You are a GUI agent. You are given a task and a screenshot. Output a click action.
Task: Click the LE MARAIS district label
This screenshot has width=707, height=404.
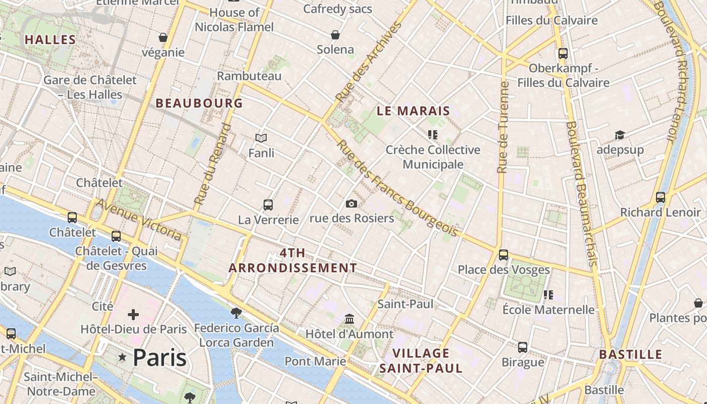click(x=413, y=111)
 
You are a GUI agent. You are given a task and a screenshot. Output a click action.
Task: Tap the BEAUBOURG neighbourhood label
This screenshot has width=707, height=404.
click(x=199, y=104)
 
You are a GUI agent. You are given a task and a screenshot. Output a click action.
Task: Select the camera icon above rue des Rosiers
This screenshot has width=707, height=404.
click(x=351, y=204)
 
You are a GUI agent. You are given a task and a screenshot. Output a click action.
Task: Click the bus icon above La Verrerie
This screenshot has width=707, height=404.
click(x=268, y=205)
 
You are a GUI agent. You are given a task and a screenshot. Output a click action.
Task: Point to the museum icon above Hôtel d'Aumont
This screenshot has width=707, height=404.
click(x=349, y=319)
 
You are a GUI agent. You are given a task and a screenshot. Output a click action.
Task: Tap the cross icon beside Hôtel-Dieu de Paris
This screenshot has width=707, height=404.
click(x=133, y=315)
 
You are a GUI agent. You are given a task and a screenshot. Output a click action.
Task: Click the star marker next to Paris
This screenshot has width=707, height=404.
click(x=122, y=358)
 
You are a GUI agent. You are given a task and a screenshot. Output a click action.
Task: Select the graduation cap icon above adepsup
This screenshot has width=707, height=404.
click(x=620, y=135)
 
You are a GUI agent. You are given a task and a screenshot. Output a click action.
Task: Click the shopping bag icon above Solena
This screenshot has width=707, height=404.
click(x=335, y=35)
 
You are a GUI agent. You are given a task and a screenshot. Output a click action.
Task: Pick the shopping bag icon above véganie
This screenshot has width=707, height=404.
click(x=163, y=37)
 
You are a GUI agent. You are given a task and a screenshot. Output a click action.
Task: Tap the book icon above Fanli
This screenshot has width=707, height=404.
click(x=261, y=138)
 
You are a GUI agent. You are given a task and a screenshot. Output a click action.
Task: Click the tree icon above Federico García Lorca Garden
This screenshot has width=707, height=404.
click(x=236, y=313)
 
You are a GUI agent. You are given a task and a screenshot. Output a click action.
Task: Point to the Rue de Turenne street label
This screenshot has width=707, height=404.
click(x=502, y=127)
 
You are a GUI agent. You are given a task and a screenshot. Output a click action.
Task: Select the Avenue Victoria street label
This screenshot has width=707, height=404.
click(x=138, y=219)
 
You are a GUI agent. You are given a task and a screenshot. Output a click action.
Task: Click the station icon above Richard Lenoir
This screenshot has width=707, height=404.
click(x=660, y=197)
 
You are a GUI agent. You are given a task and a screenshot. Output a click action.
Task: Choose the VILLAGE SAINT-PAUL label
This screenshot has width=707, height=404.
click(x=421, y=361)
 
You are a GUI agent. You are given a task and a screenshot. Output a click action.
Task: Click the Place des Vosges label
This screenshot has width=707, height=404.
click(x=503, y=270)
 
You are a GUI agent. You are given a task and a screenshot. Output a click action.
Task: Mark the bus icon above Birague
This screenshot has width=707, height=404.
click(x=523, y=347)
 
